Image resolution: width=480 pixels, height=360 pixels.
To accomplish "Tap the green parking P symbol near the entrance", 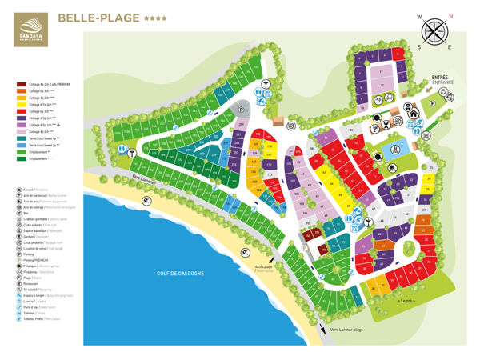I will click(433, 102).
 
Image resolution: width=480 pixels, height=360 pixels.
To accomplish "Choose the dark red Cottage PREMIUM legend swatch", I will click(21, 83).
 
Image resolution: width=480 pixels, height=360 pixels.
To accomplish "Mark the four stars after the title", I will click(156, 17).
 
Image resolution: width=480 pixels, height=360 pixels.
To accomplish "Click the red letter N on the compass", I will click(450, 15).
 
